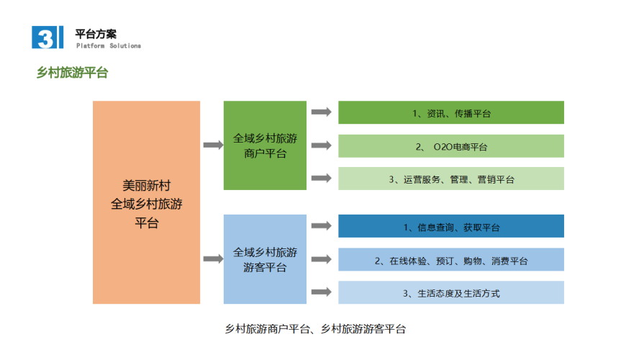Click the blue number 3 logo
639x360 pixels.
[47, 37]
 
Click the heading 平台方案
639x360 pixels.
[96, 35]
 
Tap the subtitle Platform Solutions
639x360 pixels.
[109, 45]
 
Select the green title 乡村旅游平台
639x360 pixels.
[72, 73]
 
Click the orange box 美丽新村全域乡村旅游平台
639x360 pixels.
[146, 202]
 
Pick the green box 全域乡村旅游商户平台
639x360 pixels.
[265, 145]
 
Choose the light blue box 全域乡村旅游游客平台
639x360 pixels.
[265, 259]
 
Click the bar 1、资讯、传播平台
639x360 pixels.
[451, 112]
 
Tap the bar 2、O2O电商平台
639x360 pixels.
[451, 146]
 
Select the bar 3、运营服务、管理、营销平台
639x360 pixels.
[451, 179]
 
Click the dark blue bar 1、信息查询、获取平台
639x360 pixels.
[451, 226]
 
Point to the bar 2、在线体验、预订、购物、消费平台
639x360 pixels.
[451, 260]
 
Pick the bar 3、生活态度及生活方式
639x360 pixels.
[451, 292]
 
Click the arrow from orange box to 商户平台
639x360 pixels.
[213, 145]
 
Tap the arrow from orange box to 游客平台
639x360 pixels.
[213, 258]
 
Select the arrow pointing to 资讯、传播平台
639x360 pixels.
[322, 112]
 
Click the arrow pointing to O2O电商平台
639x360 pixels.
[322, 145]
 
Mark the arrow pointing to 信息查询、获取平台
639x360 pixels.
[322, 225]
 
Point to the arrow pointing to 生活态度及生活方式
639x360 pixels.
[322, 292]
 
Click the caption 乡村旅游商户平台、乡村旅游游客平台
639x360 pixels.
[315, 329]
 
